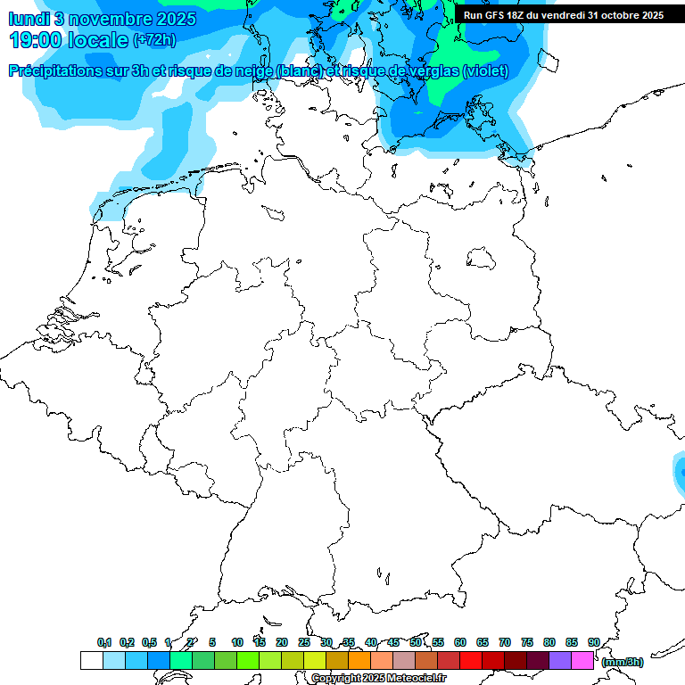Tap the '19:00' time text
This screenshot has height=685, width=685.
(37, 40)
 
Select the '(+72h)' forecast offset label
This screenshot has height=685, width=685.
(154, 40)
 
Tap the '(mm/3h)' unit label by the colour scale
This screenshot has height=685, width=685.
(623, 662)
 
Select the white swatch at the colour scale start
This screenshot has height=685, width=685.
(91, 661)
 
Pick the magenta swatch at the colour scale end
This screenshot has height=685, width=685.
(582, 661)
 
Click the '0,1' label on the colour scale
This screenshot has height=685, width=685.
(104, 642)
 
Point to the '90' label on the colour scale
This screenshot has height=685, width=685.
(594, 642)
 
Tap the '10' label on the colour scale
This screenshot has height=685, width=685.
(237, 642)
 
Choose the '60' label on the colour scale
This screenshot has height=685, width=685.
(460, 642)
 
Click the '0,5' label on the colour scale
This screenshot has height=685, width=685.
(150, 642)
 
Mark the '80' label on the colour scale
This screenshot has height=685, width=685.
(549, 642)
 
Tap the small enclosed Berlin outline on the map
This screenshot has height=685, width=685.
(482, 258)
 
